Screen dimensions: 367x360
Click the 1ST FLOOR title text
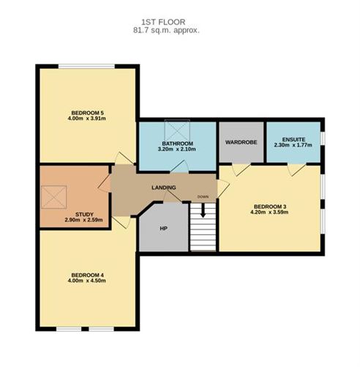166,21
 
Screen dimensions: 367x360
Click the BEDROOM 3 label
269,206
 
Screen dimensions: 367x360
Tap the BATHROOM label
177,143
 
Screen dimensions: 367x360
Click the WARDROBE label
241,141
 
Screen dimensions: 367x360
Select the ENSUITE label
293,138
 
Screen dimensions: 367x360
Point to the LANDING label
164,188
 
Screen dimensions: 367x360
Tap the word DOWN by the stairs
203,196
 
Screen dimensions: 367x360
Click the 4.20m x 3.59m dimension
269,212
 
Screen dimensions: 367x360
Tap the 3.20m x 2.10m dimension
177,149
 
